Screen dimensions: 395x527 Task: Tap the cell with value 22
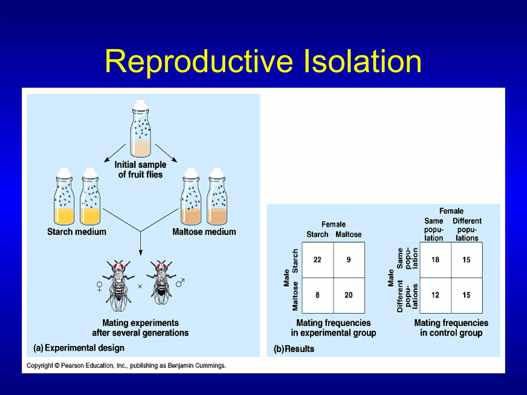317,260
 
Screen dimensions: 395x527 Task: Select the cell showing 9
348,260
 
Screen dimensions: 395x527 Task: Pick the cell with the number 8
317,295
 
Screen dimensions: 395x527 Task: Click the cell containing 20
348,295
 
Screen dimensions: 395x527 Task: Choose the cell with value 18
435,260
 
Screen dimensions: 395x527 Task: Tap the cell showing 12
435,295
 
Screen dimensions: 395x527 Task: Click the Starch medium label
77,232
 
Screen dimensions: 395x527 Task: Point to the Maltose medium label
204,232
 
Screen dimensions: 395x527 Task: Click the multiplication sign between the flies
140,286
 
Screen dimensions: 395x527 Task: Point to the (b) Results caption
294,349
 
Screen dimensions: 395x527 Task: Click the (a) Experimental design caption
79,348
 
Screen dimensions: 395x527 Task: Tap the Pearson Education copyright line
126,365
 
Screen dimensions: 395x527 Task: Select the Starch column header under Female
317,235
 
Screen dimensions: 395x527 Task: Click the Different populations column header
467,229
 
